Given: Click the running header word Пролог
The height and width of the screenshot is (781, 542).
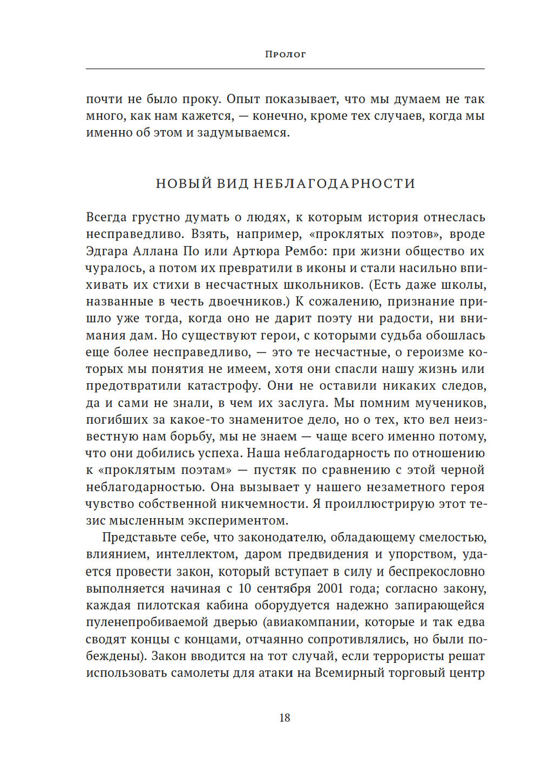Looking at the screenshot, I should tap(285, 54).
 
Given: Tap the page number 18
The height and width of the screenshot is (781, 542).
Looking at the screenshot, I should tap(285, 718).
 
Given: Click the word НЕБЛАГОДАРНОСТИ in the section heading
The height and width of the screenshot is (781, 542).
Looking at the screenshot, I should tap(334, 184).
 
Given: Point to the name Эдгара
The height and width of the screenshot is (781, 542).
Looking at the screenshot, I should tap(107, 251).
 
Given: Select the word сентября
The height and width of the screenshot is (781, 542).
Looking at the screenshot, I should tap(285, 588).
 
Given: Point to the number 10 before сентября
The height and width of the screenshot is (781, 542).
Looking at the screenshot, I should tap(244, 588).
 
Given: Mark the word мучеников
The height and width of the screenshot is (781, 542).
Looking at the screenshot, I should tap(451, 403).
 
